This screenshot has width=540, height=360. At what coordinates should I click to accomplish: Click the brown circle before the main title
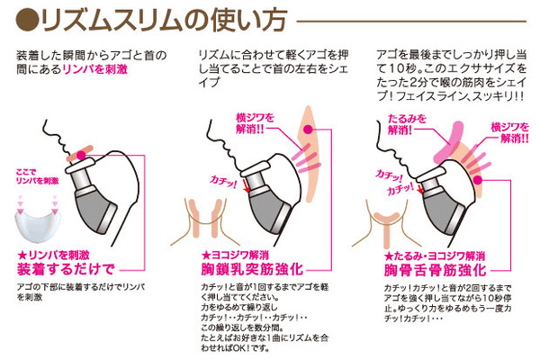27,22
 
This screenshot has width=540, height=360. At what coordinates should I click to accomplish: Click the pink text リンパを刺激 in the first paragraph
94,69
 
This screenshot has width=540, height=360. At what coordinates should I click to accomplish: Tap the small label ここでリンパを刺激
37,176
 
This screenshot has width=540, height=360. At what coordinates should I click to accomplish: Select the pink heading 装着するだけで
66,269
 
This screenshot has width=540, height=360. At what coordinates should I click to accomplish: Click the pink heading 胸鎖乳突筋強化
252,269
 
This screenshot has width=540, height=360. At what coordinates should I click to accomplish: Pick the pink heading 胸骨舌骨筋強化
435,270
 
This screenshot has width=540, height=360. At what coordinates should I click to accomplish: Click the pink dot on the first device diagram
81,156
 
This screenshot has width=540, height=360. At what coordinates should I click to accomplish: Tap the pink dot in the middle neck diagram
308,130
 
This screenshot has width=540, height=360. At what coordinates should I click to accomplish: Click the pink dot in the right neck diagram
477,180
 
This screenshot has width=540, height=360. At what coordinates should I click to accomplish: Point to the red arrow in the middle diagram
246,186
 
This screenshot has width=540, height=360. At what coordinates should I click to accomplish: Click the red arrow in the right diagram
420,189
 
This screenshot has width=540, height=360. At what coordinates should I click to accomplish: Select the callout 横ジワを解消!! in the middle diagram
255,123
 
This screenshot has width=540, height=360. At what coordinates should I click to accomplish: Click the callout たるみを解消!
407,124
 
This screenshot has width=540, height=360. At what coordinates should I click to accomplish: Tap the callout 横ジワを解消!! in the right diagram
510,132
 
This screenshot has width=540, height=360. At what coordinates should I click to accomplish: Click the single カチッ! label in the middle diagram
223,182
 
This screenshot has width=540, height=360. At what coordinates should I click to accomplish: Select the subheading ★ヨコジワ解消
235,256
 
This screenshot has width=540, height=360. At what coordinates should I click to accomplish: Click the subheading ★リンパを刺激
53,256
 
